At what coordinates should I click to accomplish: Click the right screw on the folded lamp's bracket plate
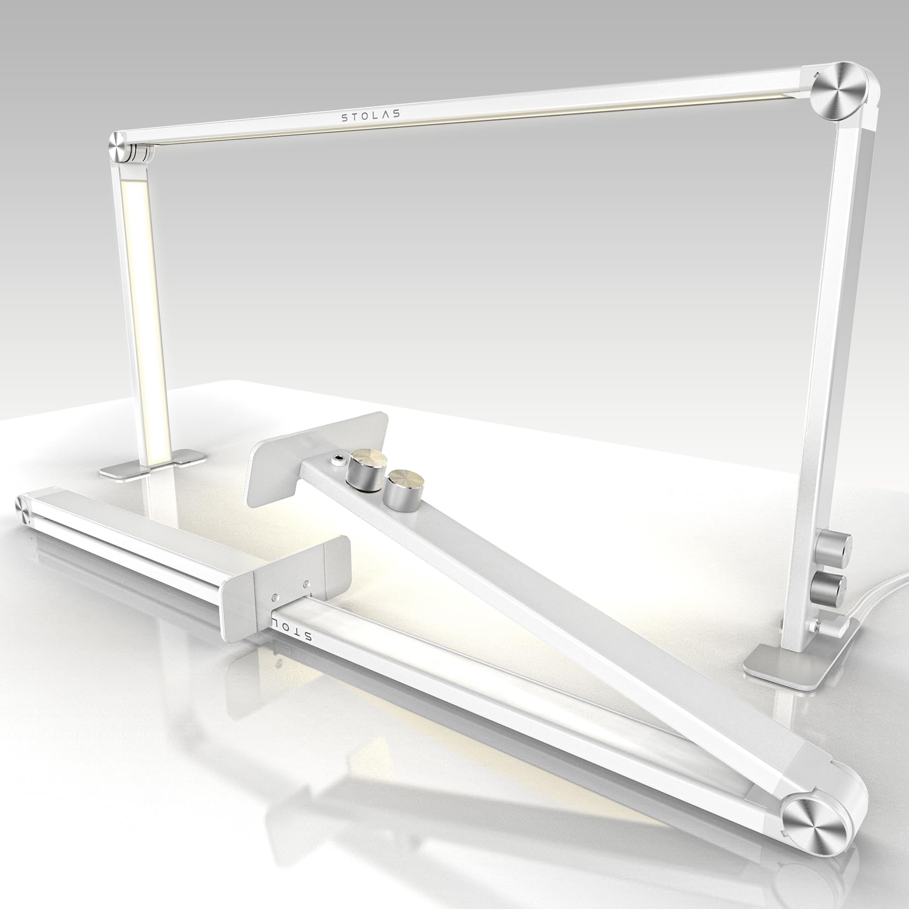pos(306,584)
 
